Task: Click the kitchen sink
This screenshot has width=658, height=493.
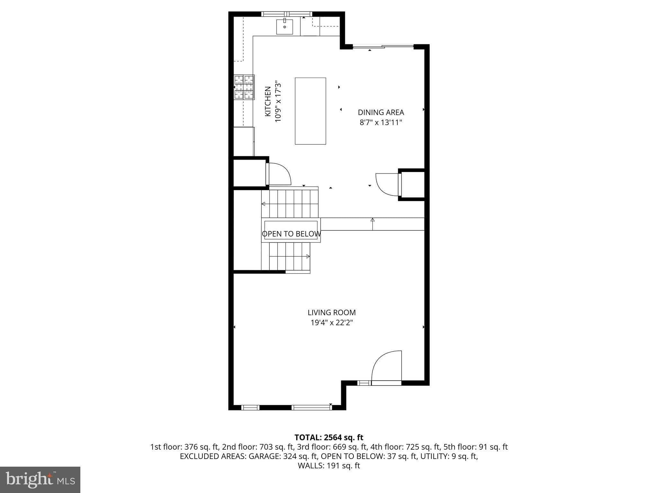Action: (x=285, y=27)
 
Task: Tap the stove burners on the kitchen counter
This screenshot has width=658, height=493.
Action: (x=244, y=87)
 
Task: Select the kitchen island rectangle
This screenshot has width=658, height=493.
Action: (x=310, y=111)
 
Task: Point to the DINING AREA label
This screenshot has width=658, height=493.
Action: (x=381, y=112)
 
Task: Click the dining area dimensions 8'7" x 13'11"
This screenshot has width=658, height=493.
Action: (x=381, y=122)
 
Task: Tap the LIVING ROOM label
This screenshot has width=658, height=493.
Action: (x=332, y=312)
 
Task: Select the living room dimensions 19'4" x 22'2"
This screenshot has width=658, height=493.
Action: (x=332, y=323)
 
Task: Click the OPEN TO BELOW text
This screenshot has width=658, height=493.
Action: (x=291, y=234)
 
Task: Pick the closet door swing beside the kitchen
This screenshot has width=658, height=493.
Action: (x=279, y=174)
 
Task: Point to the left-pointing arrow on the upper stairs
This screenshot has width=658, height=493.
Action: (x=263, y=204)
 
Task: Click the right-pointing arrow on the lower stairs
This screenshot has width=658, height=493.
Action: (x=307, y=256)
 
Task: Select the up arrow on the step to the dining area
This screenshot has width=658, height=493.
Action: (x=373, y=221)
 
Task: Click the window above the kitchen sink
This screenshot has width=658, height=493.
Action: (x=287, y=14)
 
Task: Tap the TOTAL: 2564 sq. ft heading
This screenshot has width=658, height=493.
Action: (x=329, y=437)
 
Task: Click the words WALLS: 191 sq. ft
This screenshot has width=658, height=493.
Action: (x=329, y=466)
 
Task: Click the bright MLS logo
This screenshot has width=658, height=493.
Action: (x=40, y=480)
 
